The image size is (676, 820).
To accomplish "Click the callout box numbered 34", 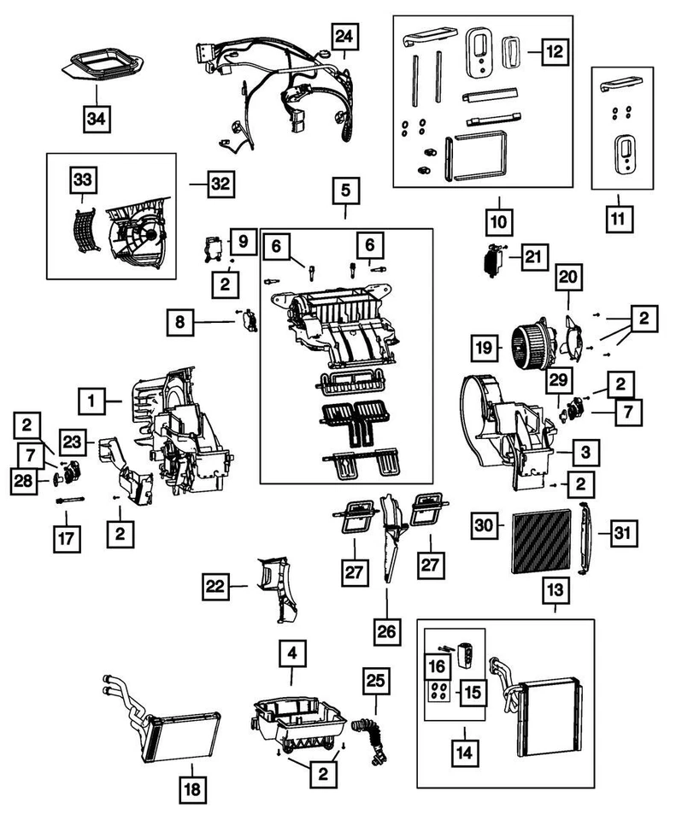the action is pos(97,119).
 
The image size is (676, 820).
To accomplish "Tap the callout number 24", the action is pos(344,36).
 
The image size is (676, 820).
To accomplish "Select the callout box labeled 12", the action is pos(555,52).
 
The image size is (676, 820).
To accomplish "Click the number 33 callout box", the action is pos(83,180).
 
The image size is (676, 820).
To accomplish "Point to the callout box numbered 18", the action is pos(192,788).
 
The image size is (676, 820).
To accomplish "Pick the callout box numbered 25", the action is pos(376,681).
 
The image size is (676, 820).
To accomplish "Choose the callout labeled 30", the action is pos(484,524).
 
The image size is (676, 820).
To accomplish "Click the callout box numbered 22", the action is pos(215,586).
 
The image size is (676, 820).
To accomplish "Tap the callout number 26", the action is pos(386,631).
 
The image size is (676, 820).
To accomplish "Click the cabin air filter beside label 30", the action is pos(542,542).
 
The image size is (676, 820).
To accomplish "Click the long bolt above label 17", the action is pos(70,501).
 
